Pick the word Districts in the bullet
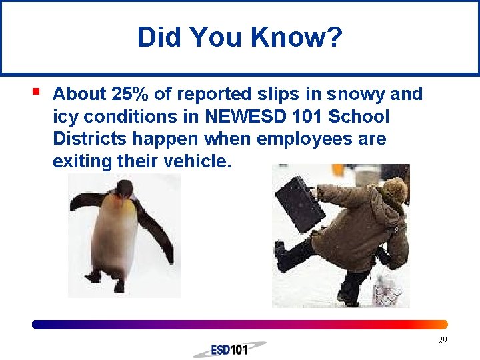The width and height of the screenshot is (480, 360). click(x=91, y=139)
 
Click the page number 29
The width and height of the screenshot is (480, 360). click(x=442, y=341)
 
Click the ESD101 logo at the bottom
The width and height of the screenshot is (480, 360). click(x=229, y=349)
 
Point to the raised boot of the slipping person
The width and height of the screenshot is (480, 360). click(x=285, y=256)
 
